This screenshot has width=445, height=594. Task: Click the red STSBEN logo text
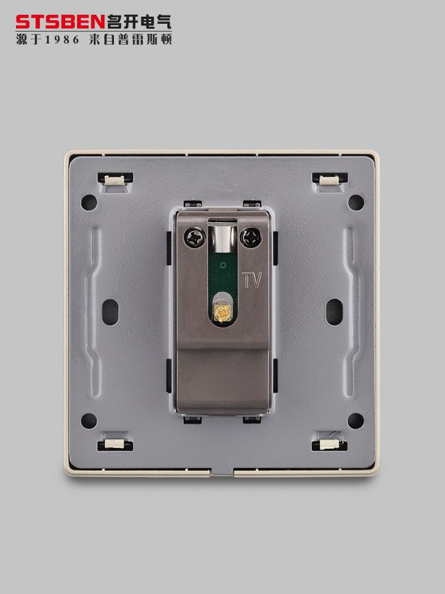click(x=60, y=22)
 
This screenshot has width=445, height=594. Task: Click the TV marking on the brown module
click(x=252, y=280)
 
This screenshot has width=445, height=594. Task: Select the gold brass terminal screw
click(x=222, y=313)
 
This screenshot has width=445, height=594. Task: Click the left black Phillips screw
click(x=195, y=238)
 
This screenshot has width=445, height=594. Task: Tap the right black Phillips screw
click(x=251, y=238)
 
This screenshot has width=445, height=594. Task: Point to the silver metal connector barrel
click(x=223, y=237)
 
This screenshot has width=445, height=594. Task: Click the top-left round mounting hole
click(x=89, y=203)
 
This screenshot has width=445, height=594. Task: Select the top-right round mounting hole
click(x=355, y=203)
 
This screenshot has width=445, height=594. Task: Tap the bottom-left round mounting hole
click(x=89, y=421)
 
